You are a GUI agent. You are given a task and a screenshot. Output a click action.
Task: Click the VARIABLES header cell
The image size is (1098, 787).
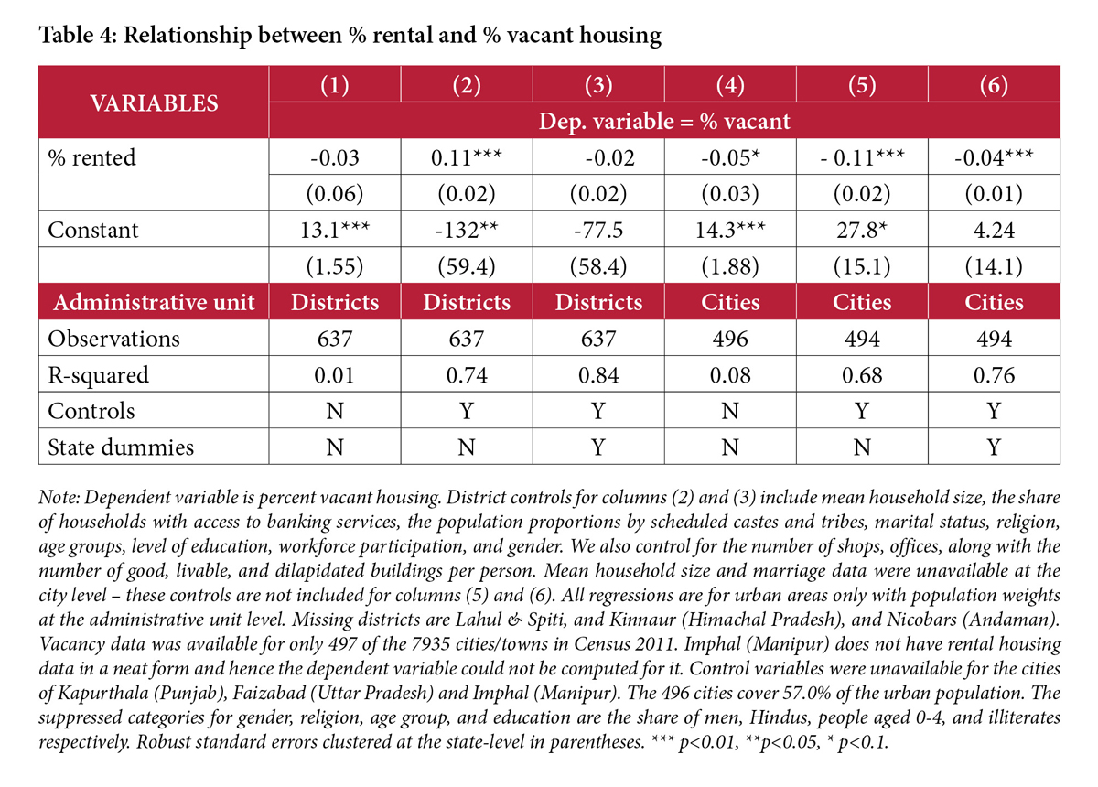[x=153, y=102]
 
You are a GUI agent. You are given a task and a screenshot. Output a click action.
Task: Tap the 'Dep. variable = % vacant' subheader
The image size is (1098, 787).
[x=665, y=120]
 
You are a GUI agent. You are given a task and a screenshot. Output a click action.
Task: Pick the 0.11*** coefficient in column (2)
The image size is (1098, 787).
[x=468, y=157]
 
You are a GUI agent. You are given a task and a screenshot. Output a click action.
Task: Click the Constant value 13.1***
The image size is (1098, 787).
[x=336, y=230]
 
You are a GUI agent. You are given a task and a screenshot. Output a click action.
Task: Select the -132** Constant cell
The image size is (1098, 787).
[x=468, y=230]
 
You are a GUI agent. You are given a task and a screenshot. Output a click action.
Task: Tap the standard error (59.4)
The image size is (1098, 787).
[x=468, y=265]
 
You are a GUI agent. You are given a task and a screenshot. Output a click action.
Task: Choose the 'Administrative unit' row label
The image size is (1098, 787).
[x=154, y=302]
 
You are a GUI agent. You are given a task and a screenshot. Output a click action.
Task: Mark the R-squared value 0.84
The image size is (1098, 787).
[x=598, y=374]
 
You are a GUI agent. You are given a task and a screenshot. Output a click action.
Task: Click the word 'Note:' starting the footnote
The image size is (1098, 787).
[x=59, y=499]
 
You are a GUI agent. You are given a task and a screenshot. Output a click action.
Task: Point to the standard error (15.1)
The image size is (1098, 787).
[x=862, y=265]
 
